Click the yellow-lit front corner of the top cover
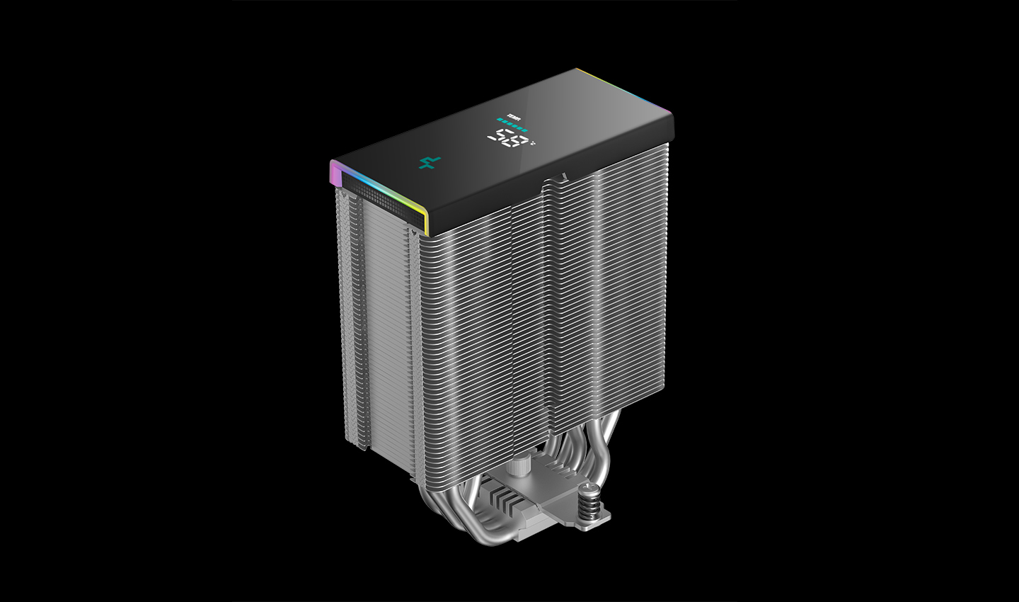(426, 220)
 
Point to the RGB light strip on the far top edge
(623, 92)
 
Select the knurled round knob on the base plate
(520, 467)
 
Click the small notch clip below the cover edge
(563, 174)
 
